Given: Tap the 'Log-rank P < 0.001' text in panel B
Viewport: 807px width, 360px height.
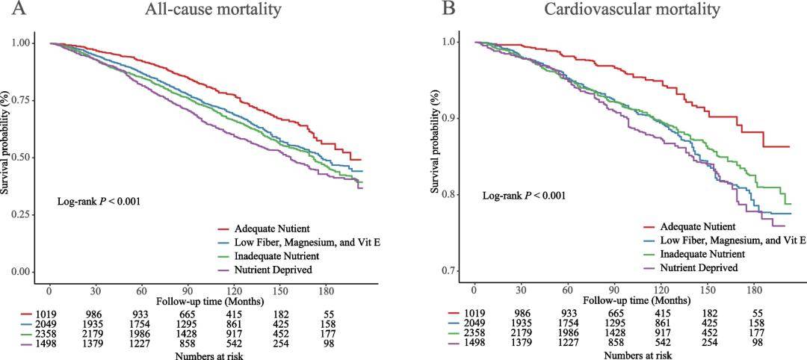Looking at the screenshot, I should coord(524,196).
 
